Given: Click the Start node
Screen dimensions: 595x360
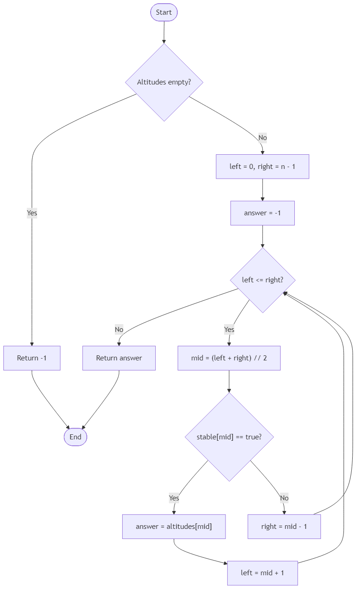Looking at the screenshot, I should [x=163, y=12].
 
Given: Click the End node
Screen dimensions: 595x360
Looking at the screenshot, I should [x=75, y=437].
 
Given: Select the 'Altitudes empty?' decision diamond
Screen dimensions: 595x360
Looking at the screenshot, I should [x=164, y=82].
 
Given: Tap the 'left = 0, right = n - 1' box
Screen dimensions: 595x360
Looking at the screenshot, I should [x=262, y=167].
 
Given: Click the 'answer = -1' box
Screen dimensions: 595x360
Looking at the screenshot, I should [x=262, y=213].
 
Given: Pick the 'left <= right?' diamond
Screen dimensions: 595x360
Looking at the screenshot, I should [x=263, y=280].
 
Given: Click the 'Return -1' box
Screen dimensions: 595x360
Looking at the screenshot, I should [x=32, y=358].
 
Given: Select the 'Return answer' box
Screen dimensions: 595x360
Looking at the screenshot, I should [x=119, y=358].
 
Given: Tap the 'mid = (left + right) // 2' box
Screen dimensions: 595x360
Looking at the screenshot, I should [x=229, y=358].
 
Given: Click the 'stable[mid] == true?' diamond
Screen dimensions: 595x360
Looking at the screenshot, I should [x=229, y=437].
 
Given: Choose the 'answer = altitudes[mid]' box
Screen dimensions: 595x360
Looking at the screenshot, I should [x=174, y=527].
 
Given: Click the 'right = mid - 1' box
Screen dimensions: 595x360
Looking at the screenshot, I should [x=284, y=527].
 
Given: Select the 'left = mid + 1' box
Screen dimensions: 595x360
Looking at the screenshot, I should [x=262, y=573].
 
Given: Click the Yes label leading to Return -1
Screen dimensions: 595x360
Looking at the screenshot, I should [x=32, y=213].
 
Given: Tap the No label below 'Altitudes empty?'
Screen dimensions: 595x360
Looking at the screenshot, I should [x=262, y=137].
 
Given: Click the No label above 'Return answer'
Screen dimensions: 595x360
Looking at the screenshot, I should [x=119, y=329].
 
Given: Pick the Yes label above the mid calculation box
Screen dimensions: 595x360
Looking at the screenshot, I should [x=229, y=329].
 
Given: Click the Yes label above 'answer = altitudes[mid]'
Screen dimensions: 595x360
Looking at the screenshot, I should [x=174, y=498].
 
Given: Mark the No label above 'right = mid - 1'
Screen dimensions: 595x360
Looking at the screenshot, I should [x=284, y=498].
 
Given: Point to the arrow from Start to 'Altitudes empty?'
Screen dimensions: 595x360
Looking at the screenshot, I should [x=163, y=32].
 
